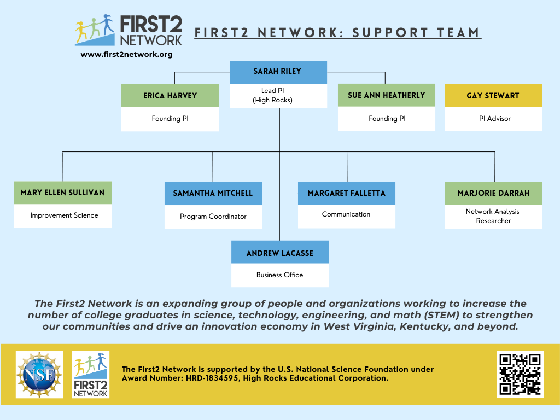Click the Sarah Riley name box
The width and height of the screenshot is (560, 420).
click(x=278, y=72)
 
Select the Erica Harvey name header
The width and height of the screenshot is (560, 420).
click(x=170, y=96)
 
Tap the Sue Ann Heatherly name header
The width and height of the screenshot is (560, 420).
click(x=386, y=95)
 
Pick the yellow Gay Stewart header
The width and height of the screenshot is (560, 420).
click(x=493, y=96)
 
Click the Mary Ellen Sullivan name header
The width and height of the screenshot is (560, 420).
click(x=62, y=192)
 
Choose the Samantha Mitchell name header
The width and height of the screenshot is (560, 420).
click(x=213, y=193)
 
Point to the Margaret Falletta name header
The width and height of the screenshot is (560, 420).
click(x=346, y=193)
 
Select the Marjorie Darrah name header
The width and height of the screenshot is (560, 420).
click(x=493, y=193)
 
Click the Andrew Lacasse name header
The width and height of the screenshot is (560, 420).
click(x=279, y=252)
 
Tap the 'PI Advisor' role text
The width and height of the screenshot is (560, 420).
click(x=493, y=119)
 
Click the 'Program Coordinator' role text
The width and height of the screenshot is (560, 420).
click(x=213, y=217)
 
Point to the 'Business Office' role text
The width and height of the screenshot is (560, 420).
click(x=279, y=275)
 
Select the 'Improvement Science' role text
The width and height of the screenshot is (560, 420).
click(x=64, y=215)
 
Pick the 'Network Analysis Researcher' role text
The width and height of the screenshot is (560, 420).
click(x=493, y=216)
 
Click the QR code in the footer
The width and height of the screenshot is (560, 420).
click(x=520, y=374)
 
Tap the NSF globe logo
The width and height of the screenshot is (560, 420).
click(x=39, y=375)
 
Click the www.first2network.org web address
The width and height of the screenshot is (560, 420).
click(x=126, y=54)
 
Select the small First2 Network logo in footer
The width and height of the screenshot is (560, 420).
click(x=90, y=375)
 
